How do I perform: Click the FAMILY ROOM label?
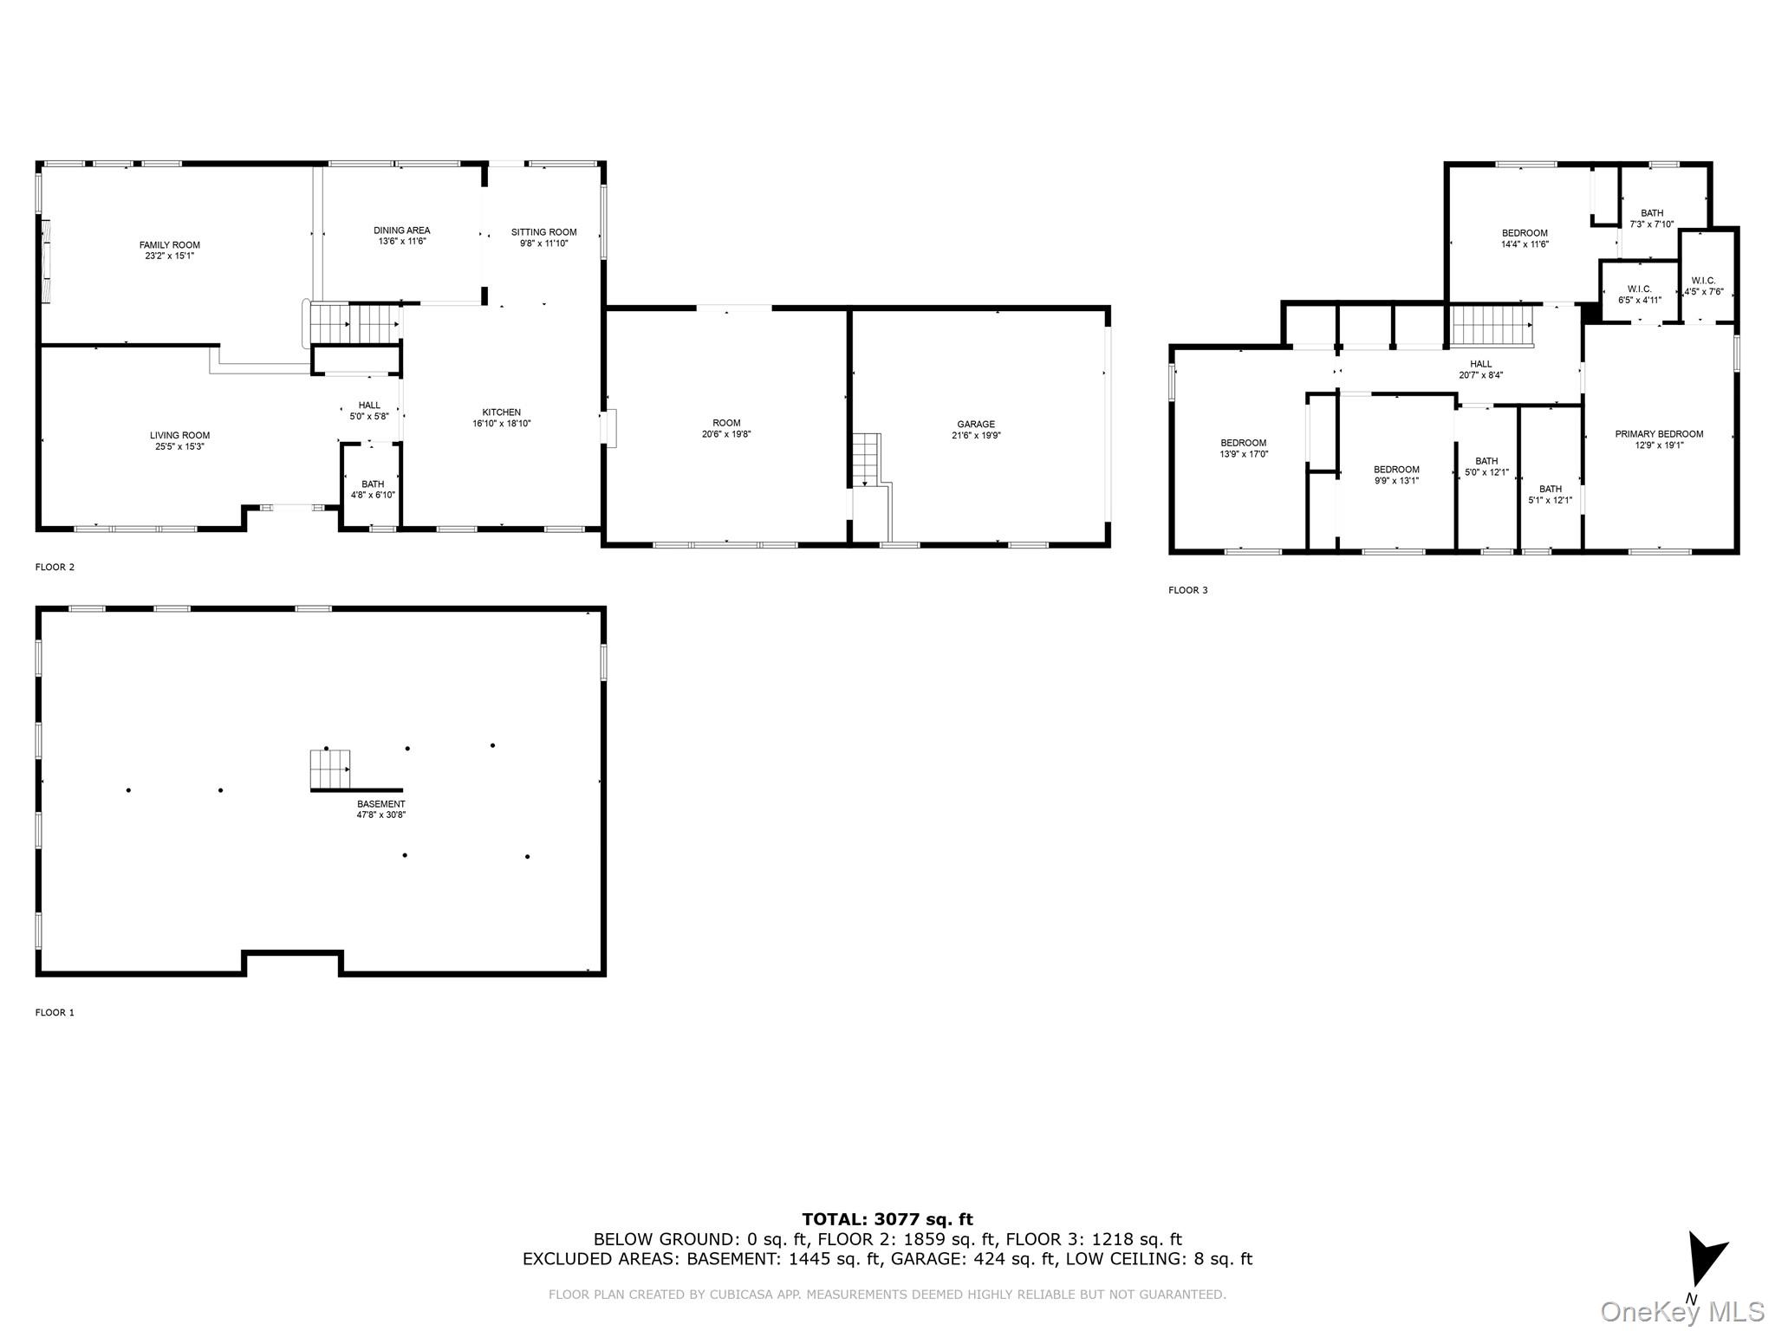tap(169, 245)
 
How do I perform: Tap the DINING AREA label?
tap(401, 230)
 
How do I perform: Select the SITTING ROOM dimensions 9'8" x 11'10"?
tap(543, 243)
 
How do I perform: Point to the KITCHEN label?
tap(501, 412)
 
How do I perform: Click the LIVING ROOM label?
tap(179, 436)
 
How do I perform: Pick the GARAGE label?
tap(976, 425)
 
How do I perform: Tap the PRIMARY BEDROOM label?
tap(1659, 434)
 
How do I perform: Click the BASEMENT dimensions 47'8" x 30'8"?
tap(380, 815)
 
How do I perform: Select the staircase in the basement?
tap(330, 769)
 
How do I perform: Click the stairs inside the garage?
tap(866, 460)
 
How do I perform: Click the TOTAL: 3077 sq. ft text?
tap(887, 1220)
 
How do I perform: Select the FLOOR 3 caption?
tap(1187, 590)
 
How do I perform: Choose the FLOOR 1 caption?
tap(55, 1012)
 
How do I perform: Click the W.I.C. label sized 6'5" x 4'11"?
tap(1639, 289)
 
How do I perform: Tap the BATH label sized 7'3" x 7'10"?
tap(1652, 213)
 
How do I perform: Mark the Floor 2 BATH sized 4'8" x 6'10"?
tap(373, 484)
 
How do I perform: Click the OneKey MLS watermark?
tap(1682, 1312)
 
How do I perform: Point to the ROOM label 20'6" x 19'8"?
tap(726, 424)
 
